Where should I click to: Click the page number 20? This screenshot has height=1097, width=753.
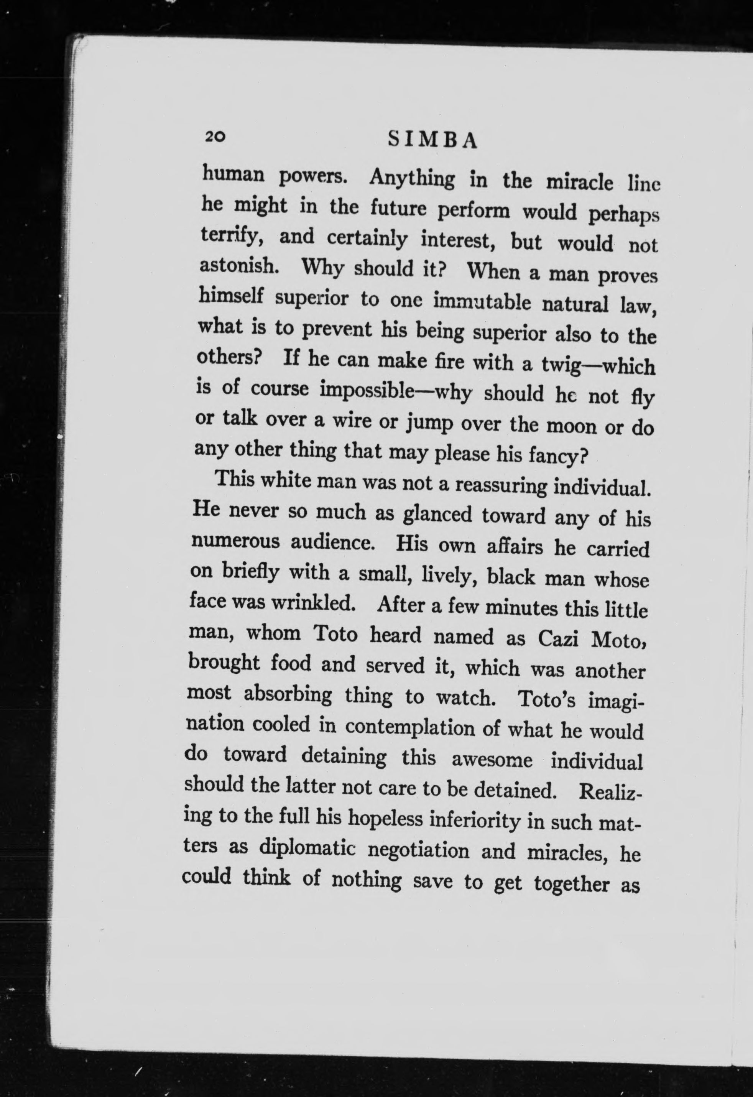coord(215,137)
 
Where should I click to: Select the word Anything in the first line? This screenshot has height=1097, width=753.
coord(412,178)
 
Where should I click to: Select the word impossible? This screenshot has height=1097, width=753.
coord(367,391)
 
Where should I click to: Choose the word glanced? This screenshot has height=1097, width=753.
coord(437,515)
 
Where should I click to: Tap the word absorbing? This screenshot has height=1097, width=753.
coord(288,694)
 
